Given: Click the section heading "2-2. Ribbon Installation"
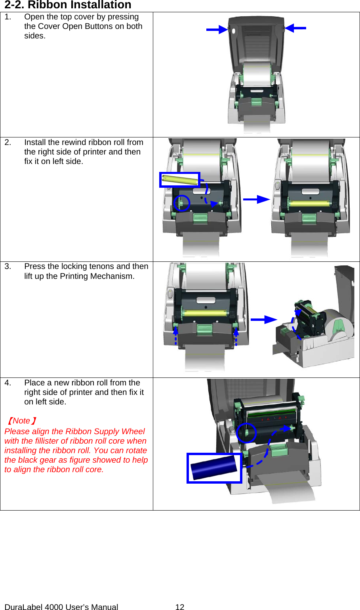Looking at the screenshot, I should click(x=68, y=5).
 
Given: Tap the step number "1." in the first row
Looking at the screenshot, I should click(x=8, y=17).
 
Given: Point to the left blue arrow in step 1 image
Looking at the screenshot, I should click(x=217, y=29).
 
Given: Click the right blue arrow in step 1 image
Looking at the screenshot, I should click(x=295, y=28).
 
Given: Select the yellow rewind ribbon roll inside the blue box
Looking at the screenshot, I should click(x=180, y=180).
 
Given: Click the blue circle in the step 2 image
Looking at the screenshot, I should click(x=182, y=203).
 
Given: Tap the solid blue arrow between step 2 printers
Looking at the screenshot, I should click(x=256, y=199).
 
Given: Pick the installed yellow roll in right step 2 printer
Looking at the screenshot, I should click(x=309, y=204).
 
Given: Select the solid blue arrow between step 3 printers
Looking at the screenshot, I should click(x=263, y=319).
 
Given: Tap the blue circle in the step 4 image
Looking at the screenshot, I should click(x=246, y=433).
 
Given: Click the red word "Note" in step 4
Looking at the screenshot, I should click(x=21, y=421).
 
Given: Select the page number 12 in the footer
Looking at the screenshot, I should click(x=180, y=606).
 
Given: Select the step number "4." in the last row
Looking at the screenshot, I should click(x=8, y=383).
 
